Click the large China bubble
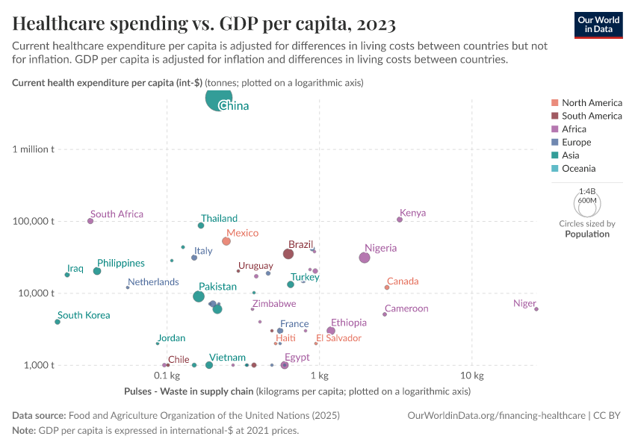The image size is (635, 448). tap(218, 99)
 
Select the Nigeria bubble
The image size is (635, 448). tap(365, 258)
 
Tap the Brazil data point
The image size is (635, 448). tap(288, 254)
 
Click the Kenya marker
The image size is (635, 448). tap(400, 220)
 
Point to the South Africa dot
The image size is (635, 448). tap(90, 221)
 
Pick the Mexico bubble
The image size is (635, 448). tap(226, 241)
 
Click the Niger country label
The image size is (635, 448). tap(524, 303)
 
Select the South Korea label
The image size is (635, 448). tap(84, 315)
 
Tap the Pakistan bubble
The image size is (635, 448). tap(199, 296)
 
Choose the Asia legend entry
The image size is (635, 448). tap(571, 155)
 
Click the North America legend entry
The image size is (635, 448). tap(592, 102)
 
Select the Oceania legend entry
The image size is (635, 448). tap(578, 169)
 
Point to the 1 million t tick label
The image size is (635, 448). tap(34, 149)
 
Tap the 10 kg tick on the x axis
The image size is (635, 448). tap(471, 374)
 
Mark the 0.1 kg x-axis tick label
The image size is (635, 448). tap(167, 374)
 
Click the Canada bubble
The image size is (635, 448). tap(387, 287)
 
